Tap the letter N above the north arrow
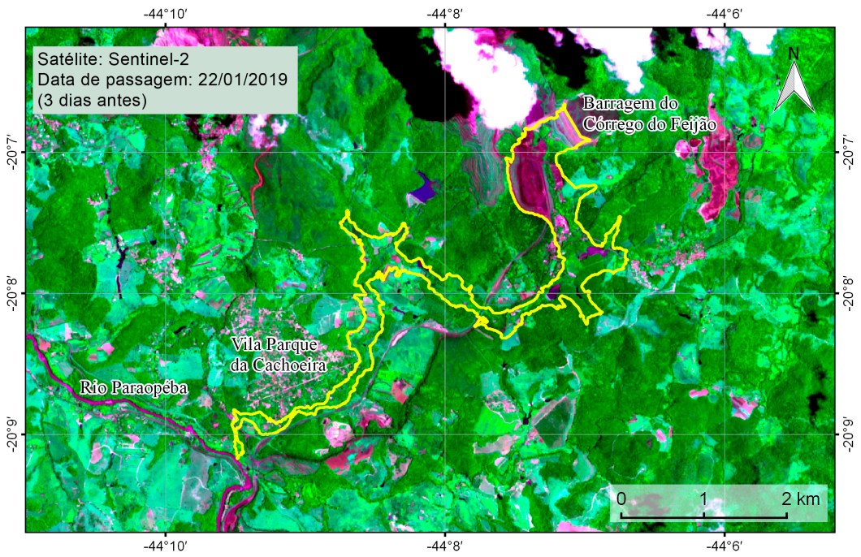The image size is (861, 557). point(794,54)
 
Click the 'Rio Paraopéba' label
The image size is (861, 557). point(133,389)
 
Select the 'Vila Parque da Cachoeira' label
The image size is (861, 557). point(278,355)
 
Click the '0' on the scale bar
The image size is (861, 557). point(621,498)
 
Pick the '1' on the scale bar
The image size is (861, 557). point(703,498)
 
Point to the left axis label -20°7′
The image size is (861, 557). point(12,152)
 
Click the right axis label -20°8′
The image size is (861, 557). point(848,293)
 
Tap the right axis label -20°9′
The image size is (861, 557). point(848,434)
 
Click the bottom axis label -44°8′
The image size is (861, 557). point(446,546)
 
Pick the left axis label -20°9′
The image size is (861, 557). point(12,434)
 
